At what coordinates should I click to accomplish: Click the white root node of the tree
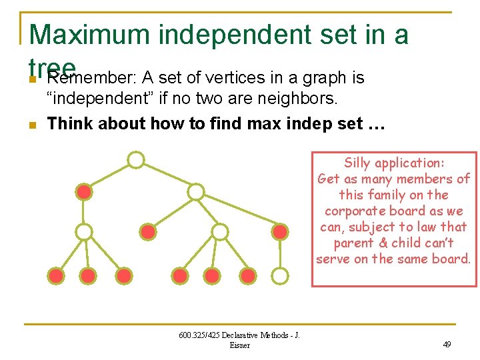pos(136,160)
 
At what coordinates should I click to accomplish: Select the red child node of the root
pos(84,192)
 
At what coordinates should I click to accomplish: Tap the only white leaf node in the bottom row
pos(281,275)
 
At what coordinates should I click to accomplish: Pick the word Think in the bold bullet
pos(70,124)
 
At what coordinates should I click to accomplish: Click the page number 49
pos(447,345)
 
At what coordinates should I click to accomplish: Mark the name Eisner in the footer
pos(239,345)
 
